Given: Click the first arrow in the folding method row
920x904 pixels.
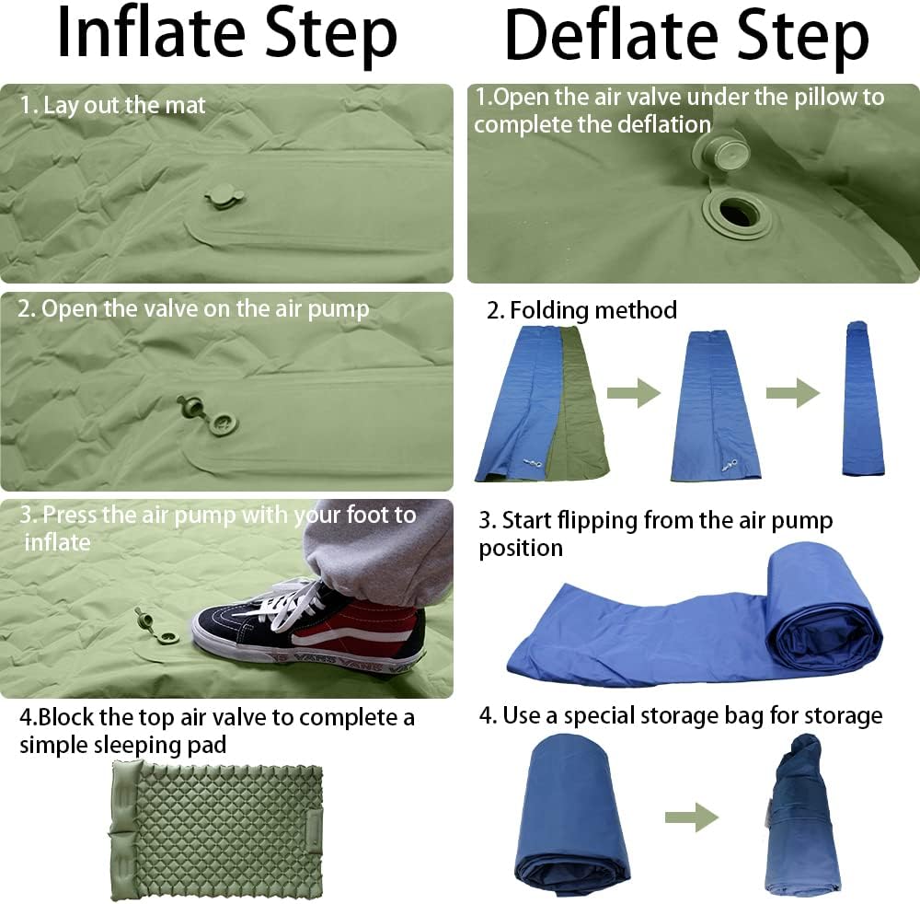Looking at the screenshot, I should pyautogui.click(x=635, y=394).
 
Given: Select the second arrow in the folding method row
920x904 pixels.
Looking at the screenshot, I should pyautogui.click(x=793, y=394).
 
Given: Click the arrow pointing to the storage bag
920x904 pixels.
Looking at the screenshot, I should pyautogui.click(x=692, y=815).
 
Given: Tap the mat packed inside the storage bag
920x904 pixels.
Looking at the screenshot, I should pyautogui.click(x=799, y=815).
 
